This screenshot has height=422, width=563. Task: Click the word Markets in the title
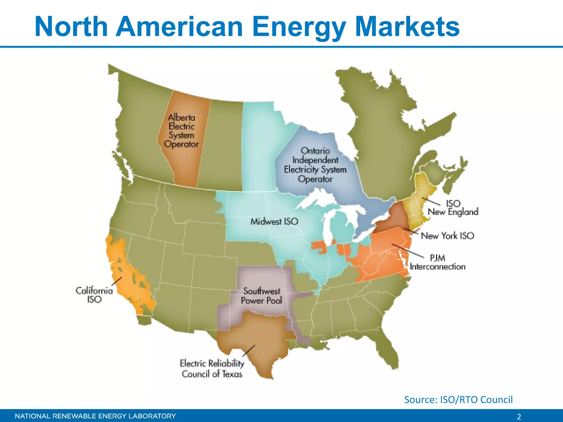coord(407,26)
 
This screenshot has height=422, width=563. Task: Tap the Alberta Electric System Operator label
coord(181,131)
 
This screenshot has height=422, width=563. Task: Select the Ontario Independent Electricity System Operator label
coord(315,165)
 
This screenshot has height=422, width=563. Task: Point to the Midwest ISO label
coord(274,221)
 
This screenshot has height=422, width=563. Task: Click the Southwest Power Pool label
coord(261,296)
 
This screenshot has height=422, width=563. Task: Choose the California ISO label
coord(94,295)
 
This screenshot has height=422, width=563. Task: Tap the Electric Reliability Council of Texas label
coord(212,368)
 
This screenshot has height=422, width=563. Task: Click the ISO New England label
coord(453,208)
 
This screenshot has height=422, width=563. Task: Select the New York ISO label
coord(448,236)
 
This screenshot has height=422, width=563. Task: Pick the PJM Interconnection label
coord(437,262)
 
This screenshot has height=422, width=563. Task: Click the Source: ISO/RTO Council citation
coord(458,399)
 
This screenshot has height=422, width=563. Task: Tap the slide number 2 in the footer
coord(519,417)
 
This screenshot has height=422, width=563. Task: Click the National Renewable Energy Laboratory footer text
coord(95,416)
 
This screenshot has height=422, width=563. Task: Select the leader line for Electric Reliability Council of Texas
coord(249,351)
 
